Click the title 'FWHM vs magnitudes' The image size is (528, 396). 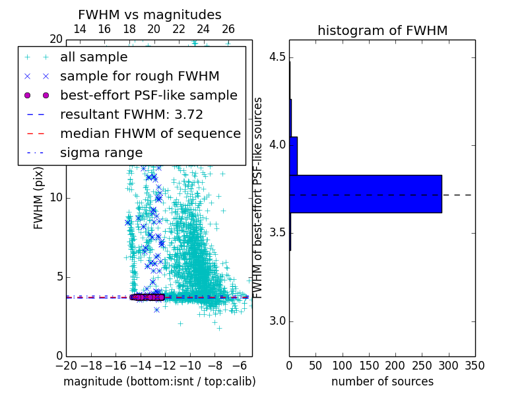150,15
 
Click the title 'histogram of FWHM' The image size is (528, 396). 382,30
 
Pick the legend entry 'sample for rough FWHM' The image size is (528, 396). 139,76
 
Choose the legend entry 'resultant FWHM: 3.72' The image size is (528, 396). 131,114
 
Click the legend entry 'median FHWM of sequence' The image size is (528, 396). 150,133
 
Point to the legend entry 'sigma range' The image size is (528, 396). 101,152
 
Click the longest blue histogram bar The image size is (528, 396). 365,194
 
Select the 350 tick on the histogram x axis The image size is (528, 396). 475,365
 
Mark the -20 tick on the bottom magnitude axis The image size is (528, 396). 66,365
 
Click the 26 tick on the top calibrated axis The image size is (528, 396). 228,29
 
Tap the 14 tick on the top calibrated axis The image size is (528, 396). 80,29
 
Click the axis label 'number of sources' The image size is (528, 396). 382,381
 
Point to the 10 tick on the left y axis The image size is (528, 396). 55,197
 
